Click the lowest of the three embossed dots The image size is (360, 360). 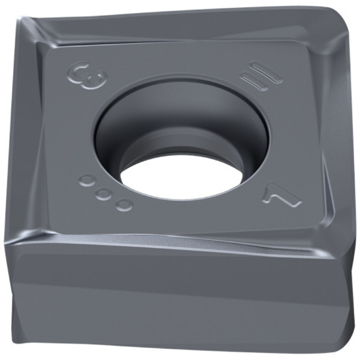pyautogui.click(x=123, y=205)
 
